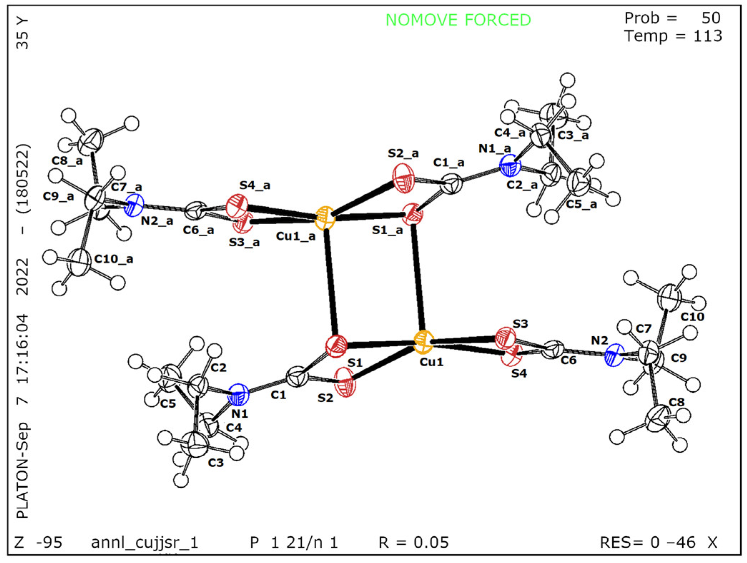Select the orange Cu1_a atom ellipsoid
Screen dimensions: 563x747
pos(325,218)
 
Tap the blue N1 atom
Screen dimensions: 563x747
pos(238,394)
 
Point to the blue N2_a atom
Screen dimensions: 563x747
pos(134,206)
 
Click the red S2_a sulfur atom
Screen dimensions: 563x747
pos(404,178)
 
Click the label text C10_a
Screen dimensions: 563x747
pos(114,259)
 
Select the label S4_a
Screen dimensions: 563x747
pos(255,185)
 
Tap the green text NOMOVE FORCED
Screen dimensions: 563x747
pos(458,20)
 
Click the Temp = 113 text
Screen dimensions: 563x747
pos(673,36)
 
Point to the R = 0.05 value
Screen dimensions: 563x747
pos(413,542)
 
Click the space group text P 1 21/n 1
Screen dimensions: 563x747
pos(294,542)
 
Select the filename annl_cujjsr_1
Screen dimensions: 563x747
pos(145,542)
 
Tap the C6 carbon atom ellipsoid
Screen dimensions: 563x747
pos(553,350)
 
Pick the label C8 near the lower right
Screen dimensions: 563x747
pos(676,402)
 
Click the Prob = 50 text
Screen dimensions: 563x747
pos(672,18)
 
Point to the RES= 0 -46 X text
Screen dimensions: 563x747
pos(658,542)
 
